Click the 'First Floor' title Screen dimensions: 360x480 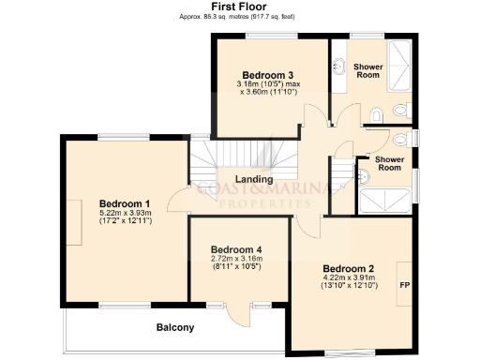(x=239, y=7)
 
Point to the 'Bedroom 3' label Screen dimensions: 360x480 (x=268, y=75)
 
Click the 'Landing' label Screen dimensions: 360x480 (x=253, y=179)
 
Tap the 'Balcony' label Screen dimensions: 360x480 (x=175, y=327)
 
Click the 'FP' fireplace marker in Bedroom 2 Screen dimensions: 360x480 (x=404, y=284)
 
